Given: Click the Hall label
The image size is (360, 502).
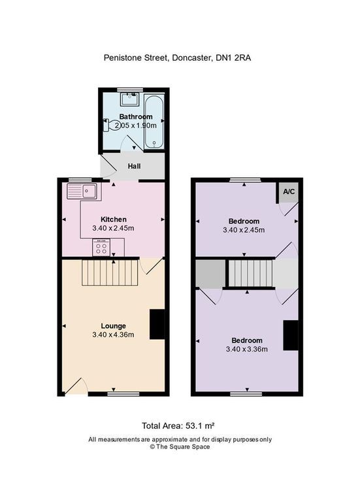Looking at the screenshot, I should click(x=135, y=166).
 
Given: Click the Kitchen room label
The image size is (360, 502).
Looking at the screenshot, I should click(x=113, y=219).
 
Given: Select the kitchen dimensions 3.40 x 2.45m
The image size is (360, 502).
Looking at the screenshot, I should click(x=113, y=228).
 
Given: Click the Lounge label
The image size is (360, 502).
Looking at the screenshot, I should click(x=113, y=326).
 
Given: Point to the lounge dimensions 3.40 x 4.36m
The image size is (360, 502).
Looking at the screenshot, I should click(x=113, y=335).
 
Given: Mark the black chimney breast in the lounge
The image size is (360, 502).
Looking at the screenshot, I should click(x=157, y=324).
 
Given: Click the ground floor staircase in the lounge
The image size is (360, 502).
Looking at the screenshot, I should click(x=111, y=273).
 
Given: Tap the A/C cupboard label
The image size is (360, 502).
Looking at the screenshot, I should click(x=288, y=191).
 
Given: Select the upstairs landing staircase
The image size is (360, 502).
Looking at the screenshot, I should click(x=250, y=273).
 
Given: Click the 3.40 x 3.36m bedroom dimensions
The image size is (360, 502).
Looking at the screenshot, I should click(x=247, y=349).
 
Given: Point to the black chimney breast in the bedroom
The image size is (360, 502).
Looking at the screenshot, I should click(x=290, y=335).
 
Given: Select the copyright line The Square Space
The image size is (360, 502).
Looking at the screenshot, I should click(x=180, y=447).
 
